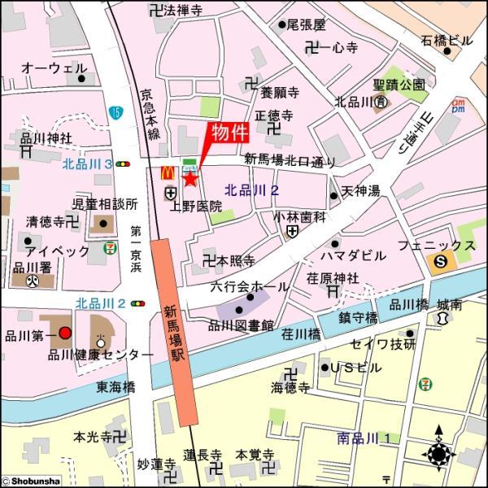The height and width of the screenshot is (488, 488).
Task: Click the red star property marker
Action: [190, 178]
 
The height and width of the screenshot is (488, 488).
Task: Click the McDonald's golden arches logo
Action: [168, 172]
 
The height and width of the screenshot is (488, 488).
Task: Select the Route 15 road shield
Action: [116, 112]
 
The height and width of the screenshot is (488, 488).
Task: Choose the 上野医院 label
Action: [195, 207]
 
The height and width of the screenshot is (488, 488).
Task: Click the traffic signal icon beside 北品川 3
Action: [123, 164]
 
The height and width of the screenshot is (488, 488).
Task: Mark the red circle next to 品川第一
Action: [65, 333]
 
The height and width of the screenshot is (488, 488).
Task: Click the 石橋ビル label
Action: [446, 40]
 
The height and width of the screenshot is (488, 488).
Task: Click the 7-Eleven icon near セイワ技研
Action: [425, 384]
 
